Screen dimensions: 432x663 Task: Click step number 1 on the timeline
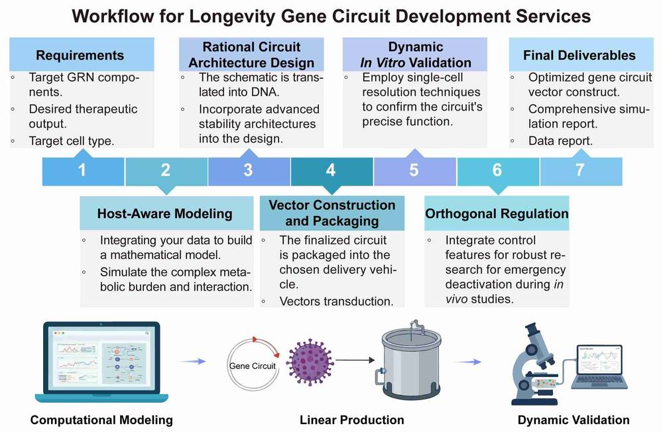82,170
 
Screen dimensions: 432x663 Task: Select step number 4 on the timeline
331,170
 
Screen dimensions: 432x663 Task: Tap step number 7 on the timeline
579,170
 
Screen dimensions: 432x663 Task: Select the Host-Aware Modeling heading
165,213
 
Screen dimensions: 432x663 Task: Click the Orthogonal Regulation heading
497,213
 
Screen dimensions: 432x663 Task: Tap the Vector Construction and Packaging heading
331,213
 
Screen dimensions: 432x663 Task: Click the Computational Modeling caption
101,419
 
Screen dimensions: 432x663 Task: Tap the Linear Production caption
351,419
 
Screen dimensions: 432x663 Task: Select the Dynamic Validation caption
573,419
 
